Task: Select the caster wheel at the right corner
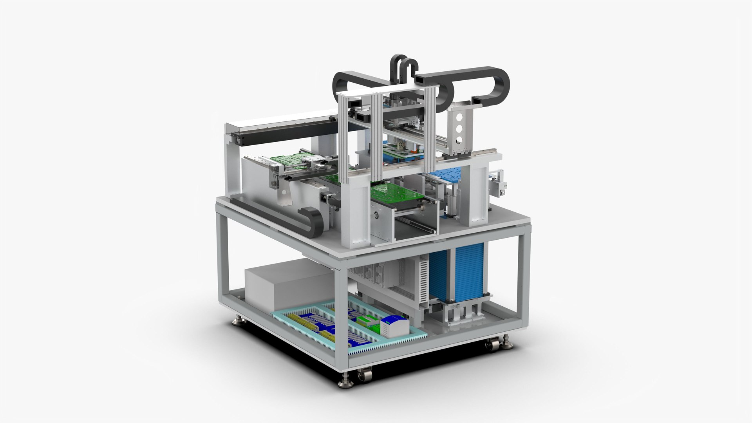pos(489,345)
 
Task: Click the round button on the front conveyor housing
pos(377,215)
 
